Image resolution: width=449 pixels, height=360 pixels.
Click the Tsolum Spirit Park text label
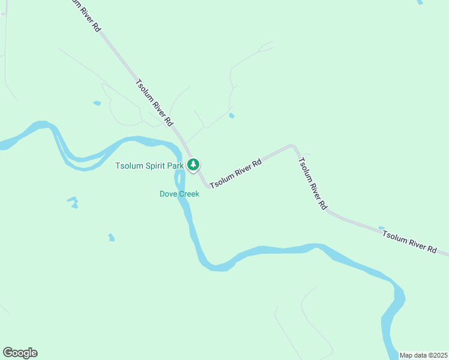coord(150,165)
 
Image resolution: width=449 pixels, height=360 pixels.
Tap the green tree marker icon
coord(193,164)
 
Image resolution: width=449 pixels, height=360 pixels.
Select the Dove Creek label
coord(179,194)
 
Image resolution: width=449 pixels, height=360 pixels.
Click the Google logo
coord(20,353)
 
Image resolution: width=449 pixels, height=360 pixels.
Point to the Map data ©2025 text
coord(423,355)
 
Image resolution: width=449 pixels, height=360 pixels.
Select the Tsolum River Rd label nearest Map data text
coord(409,240)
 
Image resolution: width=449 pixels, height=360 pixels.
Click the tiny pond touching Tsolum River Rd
coord(381,228)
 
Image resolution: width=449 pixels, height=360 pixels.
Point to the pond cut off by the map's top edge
coord(420,2)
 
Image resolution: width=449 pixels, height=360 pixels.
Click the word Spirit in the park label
coord(155,165)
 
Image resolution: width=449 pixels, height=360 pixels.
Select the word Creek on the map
coord(188,194)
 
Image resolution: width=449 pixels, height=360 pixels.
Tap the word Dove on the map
coord(167,194)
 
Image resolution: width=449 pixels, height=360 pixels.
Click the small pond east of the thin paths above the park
coord(232,115)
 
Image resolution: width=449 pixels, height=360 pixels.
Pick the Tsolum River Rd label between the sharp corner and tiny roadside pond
coord(313,182)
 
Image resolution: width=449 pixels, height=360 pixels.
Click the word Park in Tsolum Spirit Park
coord(176,165)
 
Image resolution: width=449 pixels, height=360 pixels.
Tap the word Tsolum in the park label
coord(129,165)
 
